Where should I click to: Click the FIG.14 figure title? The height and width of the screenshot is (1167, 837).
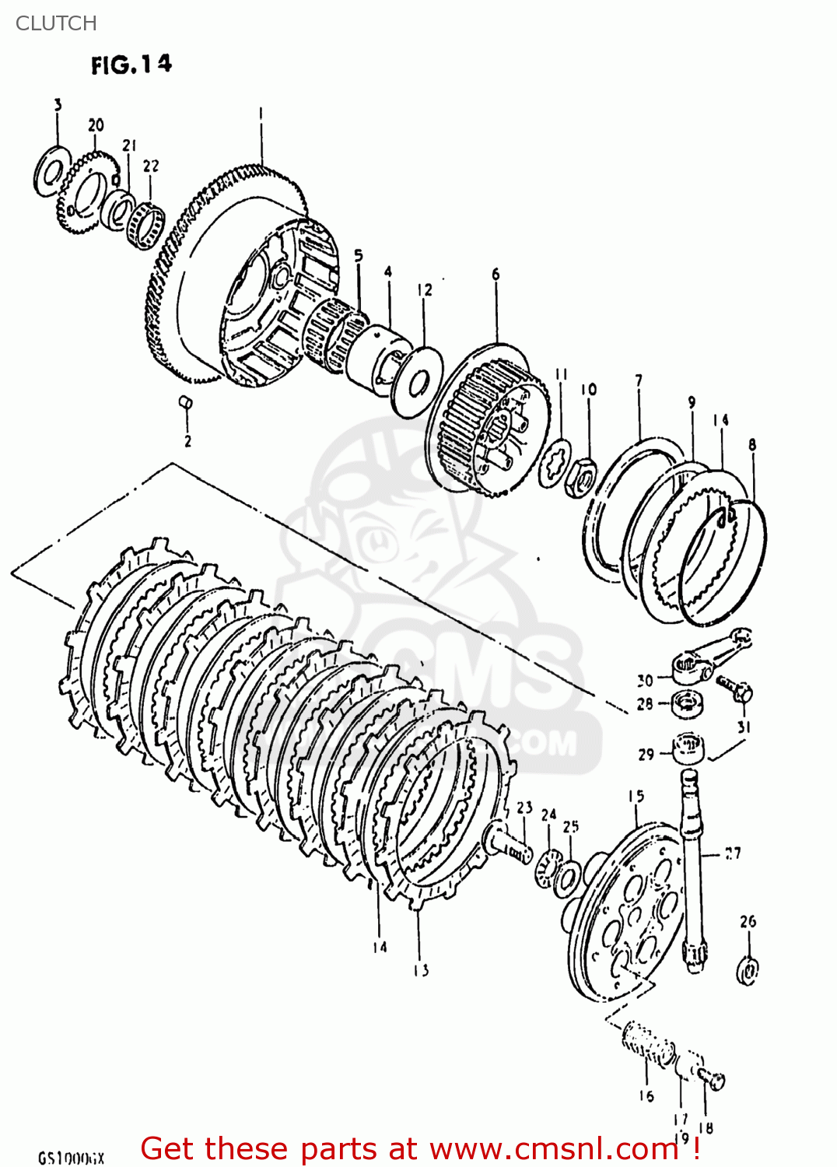click(x=131, y=65)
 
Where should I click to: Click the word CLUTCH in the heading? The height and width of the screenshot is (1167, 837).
click(x=56, y=23)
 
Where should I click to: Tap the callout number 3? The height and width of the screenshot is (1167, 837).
click(x=58, y=105)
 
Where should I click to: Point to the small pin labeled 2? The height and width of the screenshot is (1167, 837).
click(x=186, y=402)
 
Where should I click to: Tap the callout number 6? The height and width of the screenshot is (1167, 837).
click(x=496, y=274)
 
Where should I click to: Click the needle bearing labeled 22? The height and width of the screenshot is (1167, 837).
click(x=147, y=226)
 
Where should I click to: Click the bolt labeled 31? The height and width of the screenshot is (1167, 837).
click(x=736, y=689)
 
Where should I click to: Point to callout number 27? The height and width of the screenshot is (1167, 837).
click(x=732, y=853)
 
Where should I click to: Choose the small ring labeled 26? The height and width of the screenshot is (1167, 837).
click(x=748, y=970)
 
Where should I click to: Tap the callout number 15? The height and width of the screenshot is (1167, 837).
click(x=636, y=796)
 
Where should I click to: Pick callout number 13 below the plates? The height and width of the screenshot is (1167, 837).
click(x=421, y=969)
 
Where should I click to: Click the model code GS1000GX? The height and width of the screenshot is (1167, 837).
click(x=71, y=1158)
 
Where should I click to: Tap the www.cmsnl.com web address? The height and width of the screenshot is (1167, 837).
click(x=554, y=1149)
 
